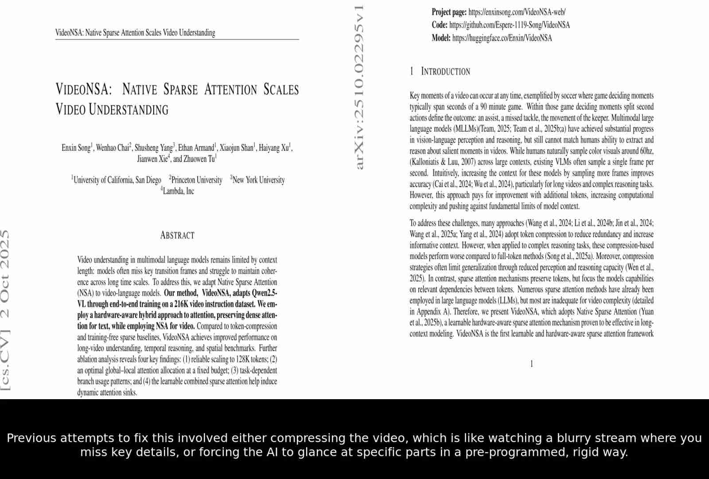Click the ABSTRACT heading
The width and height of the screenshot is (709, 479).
pyautogui.click(x=177, y=236)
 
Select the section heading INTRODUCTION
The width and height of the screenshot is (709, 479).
pyautogui.click(x=445, y=71)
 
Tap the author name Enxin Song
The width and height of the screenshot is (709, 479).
pyautogui.click(x=76, y=148)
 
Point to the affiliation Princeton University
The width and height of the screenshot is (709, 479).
pyautogui.click(x=196, y=180)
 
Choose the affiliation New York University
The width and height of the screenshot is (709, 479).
pyautogui.click(x=258, y=180)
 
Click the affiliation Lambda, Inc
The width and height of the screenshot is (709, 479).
pyautogui.click(x=178, y=191)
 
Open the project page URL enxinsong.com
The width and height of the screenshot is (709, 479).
pyautogui.click(x=517, y=12)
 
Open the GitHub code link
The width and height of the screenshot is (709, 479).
pyautogui.click(x=509, y=25)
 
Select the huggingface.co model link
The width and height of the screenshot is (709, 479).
pyautogui.click(x=502, y=38)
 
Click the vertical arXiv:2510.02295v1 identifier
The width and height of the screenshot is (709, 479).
pyautogui.click(x=359, y=87)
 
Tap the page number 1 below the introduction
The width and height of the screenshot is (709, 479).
pyautogui.click(x=531, y=364)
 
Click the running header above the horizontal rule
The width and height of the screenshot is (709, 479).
pyautogui.click(x=135, y=33)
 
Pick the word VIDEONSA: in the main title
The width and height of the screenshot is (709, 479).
pyautogui.click(x=83, y=89)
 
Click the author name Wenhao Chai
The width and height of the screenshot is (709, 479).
pyautogui.click(x=112, y=148)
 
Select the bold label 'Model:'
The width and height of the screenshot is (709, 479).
pyautogui.click(x=441, y=38)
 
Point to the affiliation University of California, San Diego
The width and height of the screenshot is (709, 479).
pyautogui.click(x=117, y=180)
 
